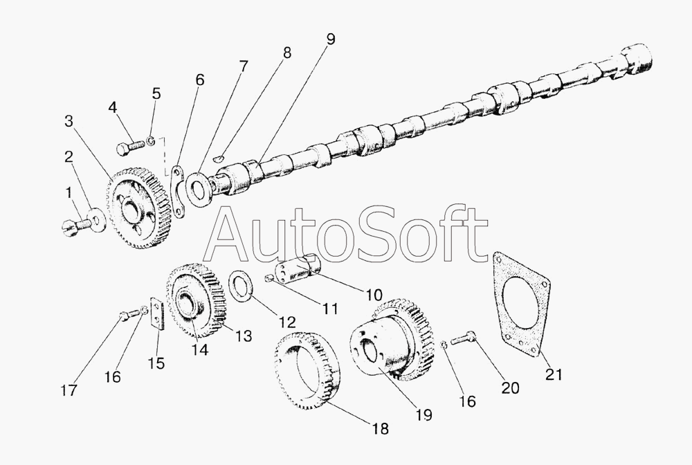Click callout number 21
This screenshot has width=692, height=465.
pyautogui.click(x=554, y=375)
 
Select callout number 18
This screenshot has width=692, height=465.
pyautogui.click(x=381, y=428)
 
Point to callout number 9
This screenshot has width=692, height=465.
pyautogui.click(x=330, y=39)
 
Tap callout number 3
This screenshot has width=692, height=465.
pyautogui.click(x=69, y=121)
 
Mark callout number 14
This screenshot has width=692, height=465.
pyautogui.click(x=199, y=349)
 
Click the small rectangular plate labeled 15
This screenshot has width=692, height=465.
pyautogui.click(x=156, y=315)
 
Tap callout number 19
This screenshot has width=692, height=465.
pyautogui.click(x=424, y=414)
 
